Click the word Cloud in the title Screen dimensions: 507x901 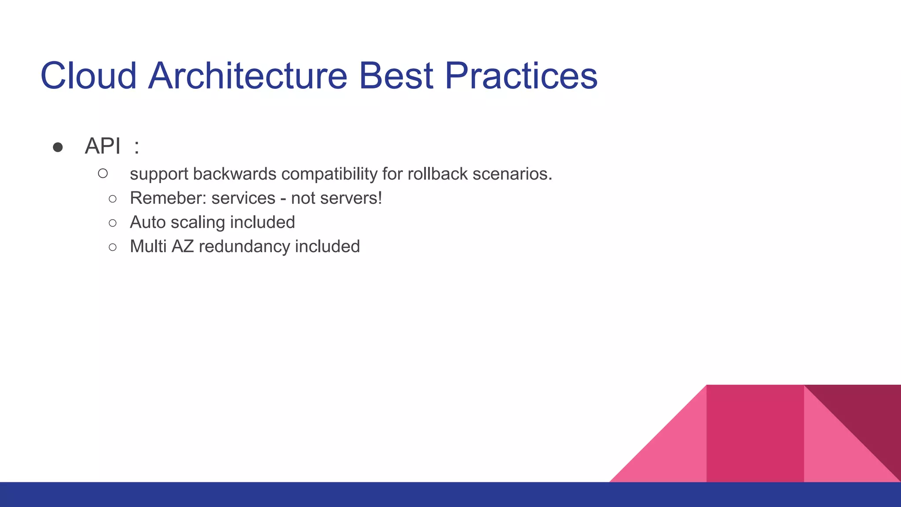point(88,76)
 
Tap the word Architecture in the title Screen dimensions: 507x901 point(248,76)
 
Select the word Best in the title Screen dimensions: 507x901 point(396,76)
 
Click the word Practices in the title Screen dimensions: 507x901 point(521,76)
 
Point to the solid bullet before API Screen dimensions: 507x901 point(58,147)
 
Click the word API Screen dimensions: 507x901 point(103,146)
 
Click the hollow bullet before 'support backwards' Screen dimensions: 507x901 point(103,173)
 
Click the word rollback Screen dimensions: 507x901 point(437,174)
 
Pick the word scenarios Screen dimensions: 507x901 point(512,174)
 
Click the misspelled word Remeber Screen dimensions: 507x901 point(168,198)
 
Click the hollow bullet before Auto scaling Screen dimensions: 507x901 point(113,223)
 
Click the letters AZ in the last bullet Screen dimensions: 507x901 point(183,246)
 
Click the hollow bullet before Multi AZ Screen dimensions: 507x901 point(113,247)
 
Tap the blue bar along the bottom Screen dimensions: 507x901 point(308,495)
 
